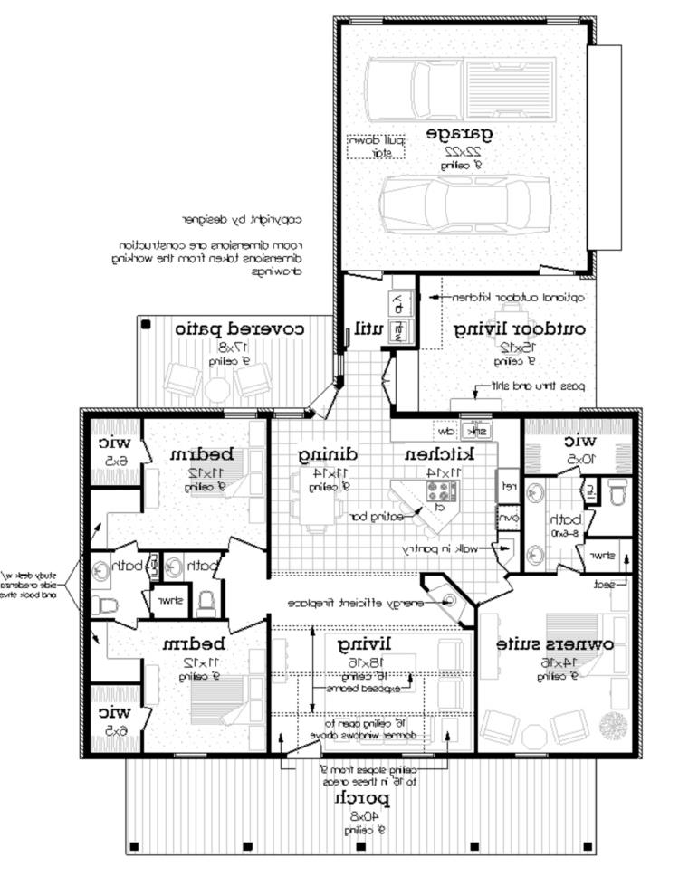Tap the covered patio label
tap(239, 328)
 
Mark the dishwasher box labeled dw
tap(445, 431)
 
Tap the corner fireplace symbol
tap(451, 601)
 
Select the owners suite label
tap(555, 644)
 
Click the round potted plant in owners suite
tap(616, 725)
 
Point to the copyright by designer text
tap(241, 218)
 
